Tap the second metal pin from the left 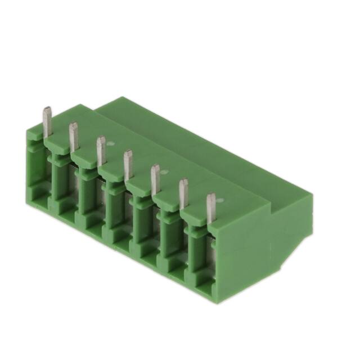point(73,136)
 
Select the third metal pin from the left point(101,150)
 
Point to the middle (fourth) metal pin point(128,164)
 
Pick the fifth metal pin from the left point(155,178)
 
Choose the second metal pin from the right point(183,193)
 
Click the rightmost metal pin point(211,208)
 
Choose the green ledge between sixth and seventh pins point(196,216)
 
